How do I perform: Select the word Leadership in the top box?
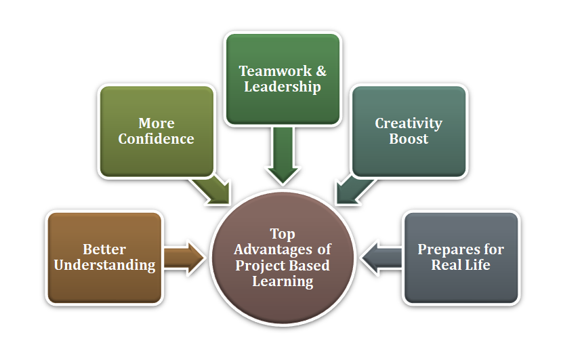point(283,87)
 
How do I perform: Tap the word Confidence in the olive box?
point(157,139)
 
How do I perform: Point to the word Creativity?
point(409,123)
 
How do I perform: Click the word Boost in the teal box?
point(409,139)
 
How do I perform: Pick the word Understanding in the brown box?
point(104,264)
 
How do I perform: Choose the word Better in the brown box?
point(104,249)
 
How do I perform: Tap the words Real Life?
point(461,264)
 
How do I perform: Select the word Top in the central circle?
point(283,234)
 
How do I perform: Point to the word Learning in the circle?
point(283,281)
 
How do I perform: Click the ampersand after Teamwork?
point(321,71)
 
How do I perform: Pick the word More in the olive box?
point(157,123)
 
